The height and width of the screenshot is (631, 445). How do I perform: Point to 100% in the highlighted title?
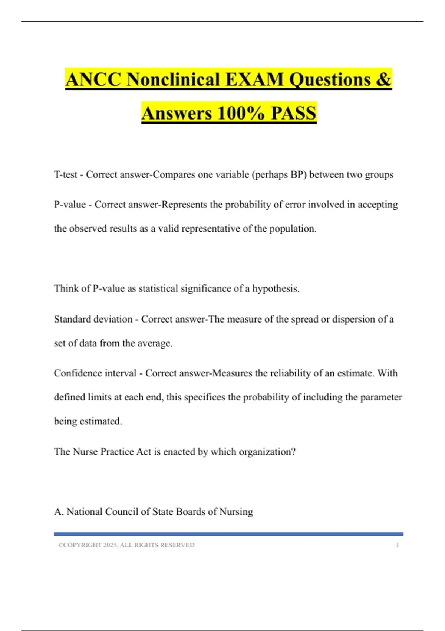point(241,113)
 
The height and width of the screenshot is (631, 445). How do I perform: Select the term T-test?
point(66,174)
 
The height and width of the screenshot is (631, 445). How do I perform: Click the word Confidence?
point(76,373)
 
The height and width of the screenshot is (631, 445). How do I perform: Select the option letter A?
point(58,512)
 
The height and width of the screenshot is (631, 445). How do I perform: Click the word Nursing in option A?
point(236,512)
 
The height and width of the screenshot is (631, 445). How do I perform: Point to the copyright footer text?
point(126,545)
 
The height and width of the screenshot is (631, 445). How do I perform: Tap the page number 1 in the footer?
point(397,545)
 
